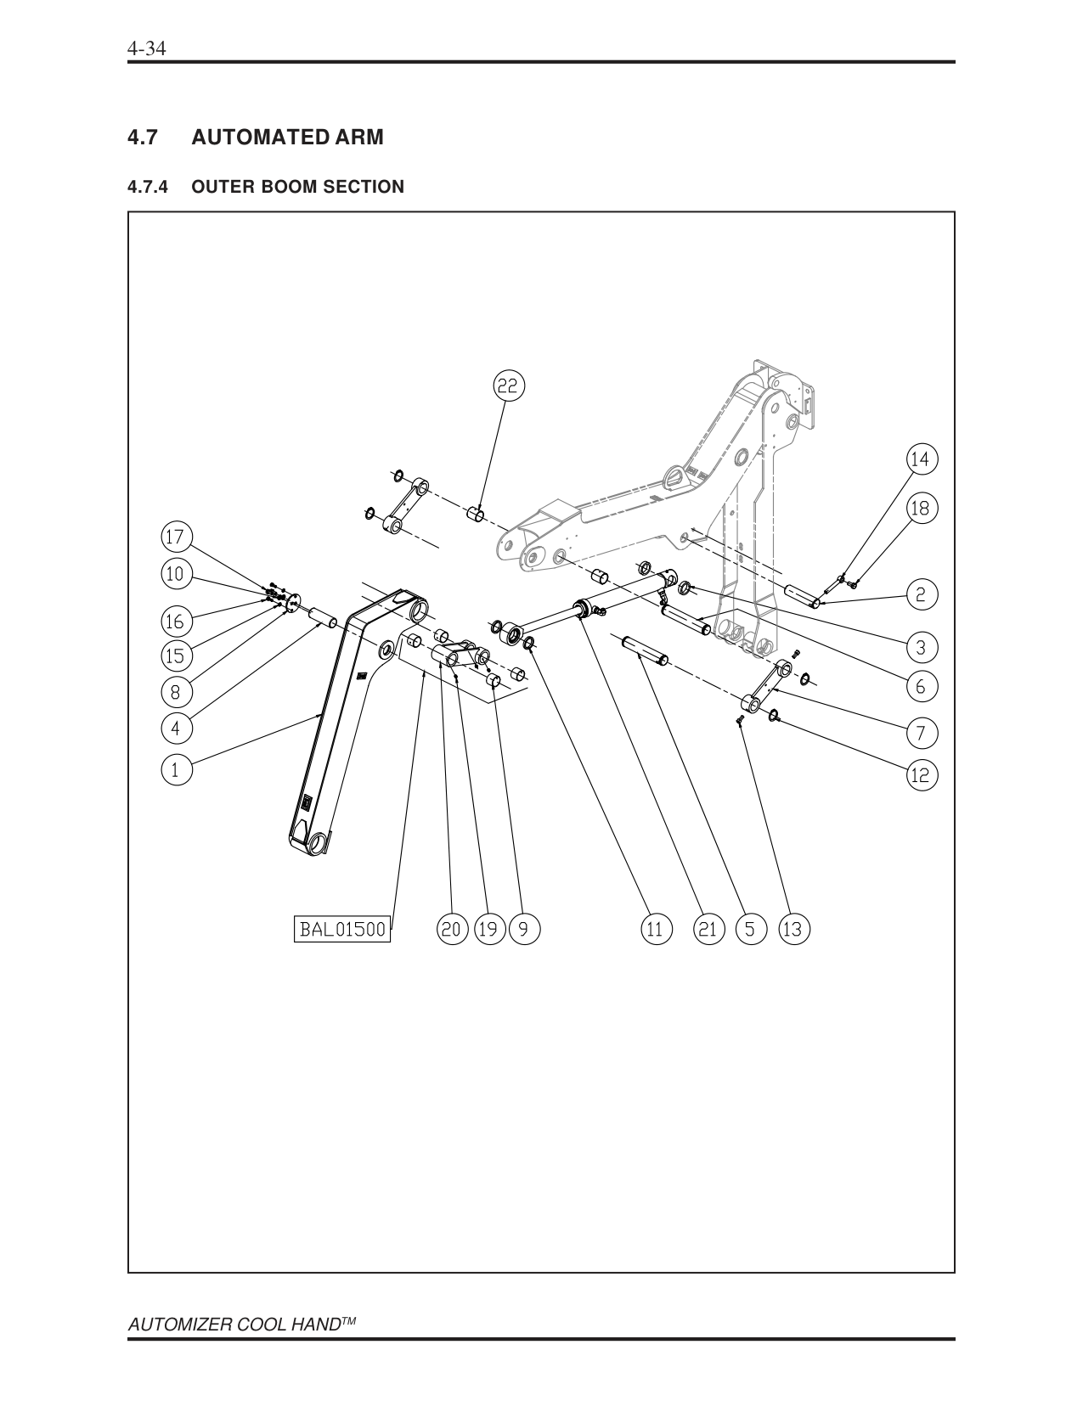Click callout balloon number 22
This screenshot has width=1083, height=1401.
(507, 385)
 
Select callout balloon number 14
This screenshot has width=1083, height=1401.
(921, 459)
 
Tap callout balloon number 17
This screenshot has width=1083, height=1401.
(176, 537)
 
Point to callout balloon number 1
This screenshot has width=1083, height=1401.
(176, 770)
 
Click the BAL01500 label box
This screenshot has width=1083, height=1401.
(342, 929)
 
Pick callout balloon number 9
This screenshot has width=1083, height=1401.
(523, 929)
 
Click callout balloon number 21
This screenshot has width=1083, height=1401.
(707, 929)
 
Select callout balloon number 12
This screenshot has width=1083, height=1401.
(921, 774)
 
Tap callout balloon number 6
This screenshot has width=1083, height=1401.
(921, 686)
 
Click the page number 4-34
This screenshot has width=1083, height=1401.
(146, 48)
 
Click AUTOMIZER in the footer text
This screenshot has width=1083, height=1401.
(175, 1326)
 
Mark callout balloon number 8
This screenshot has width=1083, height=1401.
(176, 692)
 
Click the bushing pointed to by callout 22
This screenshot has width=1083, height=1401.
(477, 515)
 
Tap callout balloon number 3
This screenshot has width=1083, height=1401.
(921, 648)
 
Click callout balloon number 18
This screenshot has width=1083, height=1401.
(921, 509)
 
